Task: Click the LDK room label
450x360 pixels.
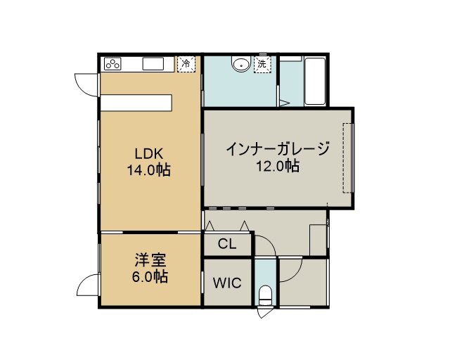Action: [149, 154]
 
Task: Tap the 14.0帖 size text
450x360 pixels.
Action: [149, 170]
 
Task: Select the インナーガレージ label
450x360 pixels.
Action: [278, 149]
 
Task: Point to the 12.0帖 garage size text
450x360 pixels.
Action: [278, 166]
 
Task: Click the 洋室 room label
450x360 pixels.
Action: [150, 260]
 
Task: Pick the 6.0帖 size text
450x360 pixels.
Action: [150, 276]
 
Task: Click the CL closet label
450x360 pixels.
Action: [227, 244]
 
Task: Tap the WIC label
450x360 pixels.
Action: [227, 283]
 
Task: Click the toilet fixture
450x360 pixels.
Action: [265, 295]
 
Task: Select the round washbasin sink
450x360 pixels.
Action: [241, 65]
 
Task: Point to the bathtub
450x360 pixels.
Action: [315, 82]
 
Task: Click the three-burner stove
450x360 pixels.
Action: [112, 64]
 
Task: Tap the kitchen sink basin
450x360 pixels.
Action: [153, 64]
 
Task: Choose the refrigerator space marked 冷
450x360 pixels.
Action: [186, 64]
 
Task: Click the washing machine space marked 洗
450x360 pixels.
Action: [262, 64]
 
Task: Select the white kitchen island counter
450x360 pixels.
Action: [136, 103]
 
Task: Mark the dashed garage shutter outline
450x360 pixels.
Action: [348, 158]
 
